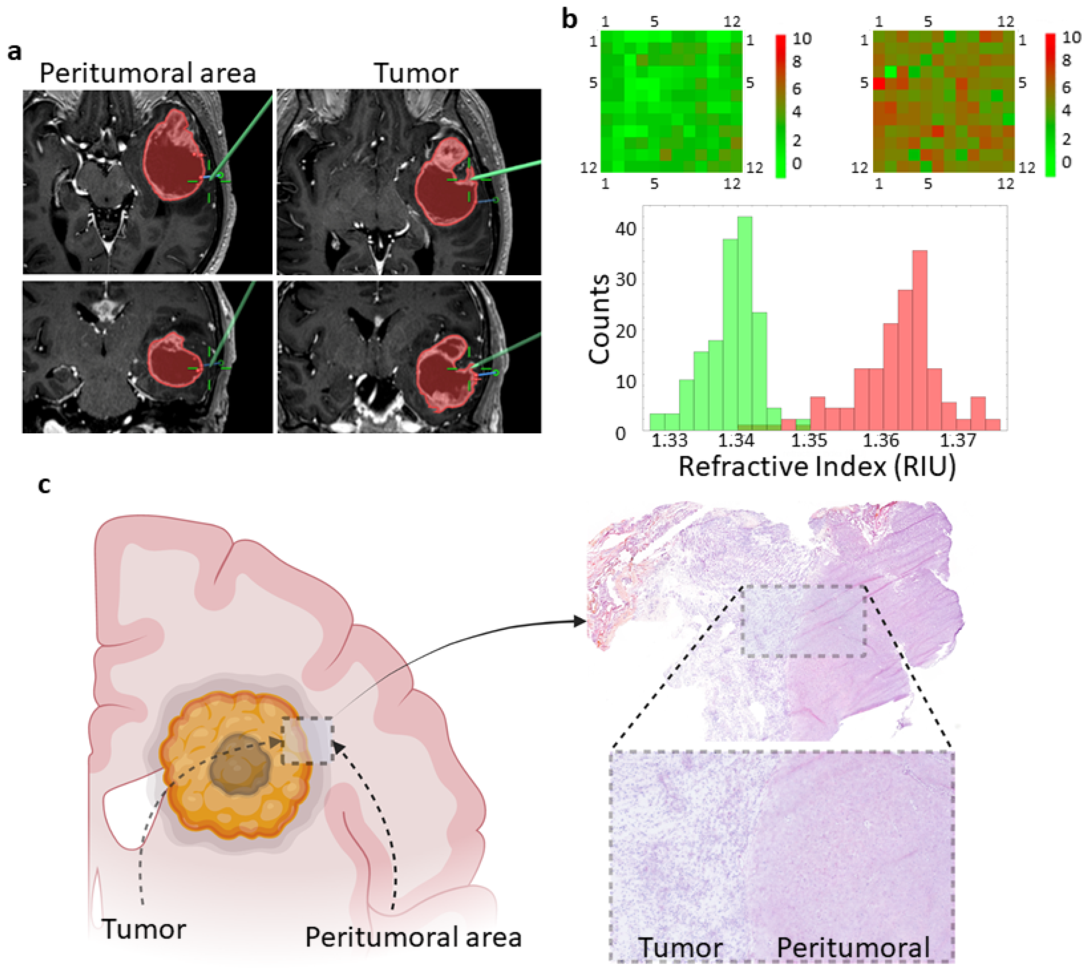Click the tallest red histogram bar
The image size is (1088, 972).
tap(919, 339)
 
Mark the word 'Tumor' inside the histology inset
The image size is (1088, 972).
tap(681, 948)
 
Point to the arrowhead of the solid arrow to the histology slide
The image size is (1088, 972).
tap(580, 621)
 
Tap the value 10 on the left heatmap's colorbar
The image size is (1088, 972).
tap(802, 38)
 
